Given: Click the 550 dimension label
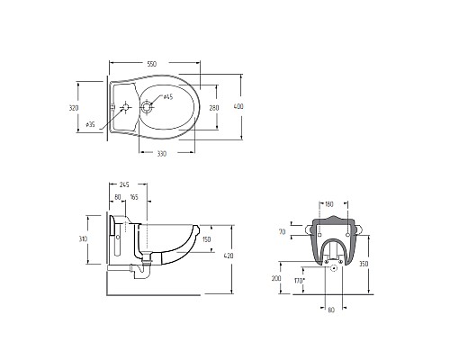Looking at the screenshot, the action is point(152,64).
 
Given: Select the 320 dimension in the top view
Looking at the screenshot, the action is point(74,108).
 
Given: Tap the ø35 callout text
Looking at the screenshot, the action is point(91,124).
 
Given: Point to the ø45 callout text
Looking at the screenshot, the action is point(168,97).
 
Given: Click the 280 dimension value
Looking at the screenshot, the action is point(214,108).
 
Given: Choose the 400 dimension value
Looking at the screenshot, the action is point(238,106).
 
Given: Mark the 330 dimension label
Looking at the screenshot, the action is point(161,154).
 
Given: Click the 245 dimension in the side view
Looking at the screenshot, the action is point(124,184).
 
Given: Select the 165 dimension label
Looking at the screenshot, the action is point(134,197).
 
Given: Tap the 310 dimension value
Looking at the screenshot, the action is point(83,239).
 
